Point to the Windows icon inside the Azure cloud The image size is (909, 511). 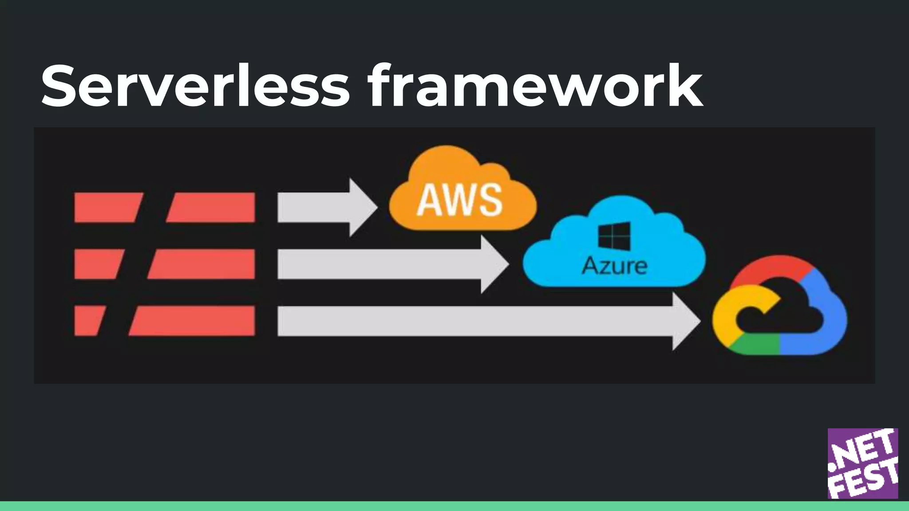(x=614, y=236)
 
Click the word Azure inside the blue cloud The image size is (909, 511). (x=614, y=266)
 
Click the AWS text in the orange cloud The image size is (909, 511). (x=459, y=200)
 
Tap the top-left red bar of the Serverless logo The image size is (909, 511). (x=107, y=207)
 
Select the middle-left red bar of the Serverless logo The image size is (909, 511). (x=98, y=264)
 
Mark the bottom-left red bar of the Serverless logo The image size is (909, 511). (x=89, y=321)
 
